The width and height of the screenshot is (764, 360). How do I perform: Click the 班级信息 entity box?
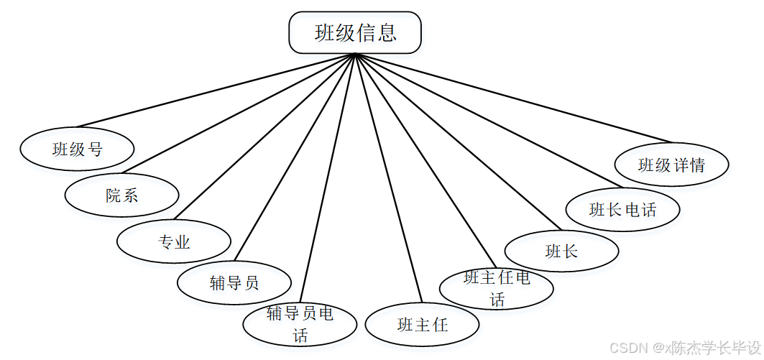[355, 32]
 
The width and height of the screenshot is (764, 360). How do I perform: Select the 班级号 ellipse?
[77, 149]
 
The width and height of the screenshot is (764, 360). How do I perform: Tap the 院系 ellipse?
[121, 195]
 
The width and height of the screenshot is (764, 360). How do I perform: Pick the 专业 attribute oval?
[174, 241]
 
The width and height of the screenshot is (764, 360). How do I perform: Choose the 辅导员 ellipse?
[234, 282]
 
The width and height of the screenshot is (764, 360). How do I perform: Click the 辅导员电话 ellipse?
[300, 324]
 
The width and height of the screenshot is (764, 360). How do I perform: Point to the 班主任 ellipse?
[422, 325]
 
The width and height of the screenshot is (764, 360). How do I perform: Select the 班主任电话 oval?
[497, 289]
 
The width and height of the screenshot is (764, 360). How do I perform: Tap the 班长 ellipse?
[561, 251]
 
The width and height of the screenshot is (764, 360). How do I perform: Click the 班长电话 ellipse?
[622, 210]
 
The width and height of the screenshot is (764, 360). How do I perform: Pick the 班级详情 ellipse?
[671, 165]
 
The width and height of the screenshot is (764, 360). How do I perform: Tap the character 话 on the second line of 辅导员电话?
[300, 335]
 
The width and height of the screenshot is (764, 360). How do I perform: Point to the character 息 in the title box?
[386, 33]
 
